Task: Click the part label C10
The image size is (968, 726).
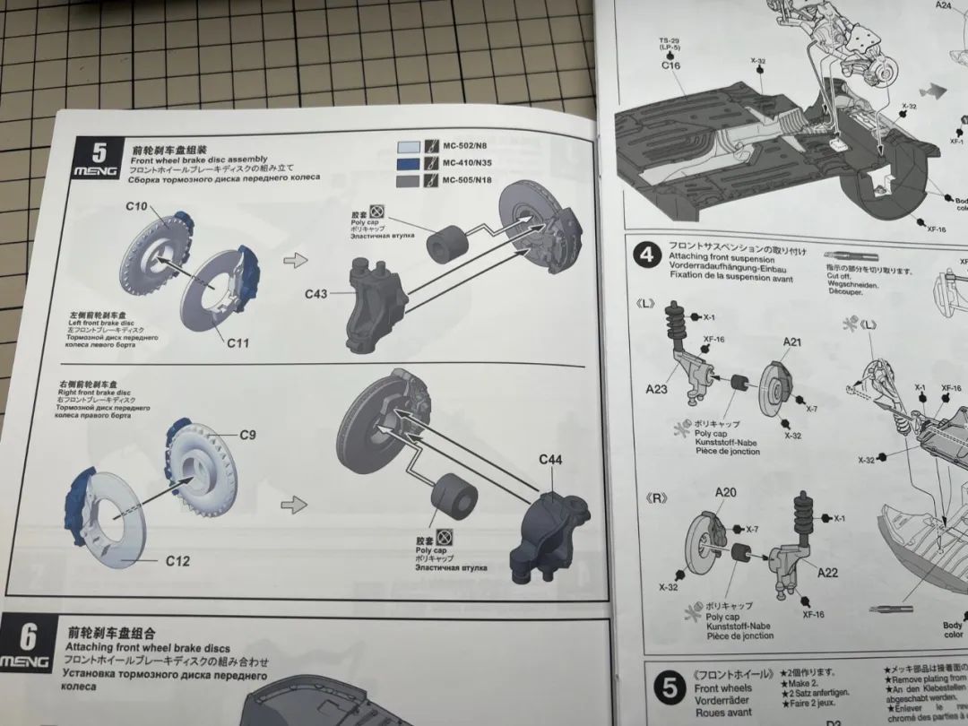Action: pyautogui.click(x=136, y=207)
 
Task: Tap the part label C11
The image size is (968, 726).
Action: pyautogui.click(x=238, y=342)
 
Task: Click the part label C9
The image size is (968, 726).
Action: pyautogui.click(x=247, y=435)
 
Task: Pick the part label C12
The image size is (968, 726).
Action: pyautogui.click(x=177, y=561)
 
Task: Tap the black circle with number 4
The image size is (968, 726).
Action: pyautogui.click(x=645, y=255)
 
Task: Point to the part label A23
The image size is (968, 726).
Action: pyautogui.click(x=657, y=388)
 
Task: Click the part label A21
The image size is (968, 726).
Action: pyautogui.click(x=792, y=342)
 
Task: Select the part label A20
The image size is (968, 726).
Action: pyautogui.click(x=725, y=492)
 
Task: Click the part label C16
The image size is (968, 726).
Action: pyautogui.click(x=671, y=65)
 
